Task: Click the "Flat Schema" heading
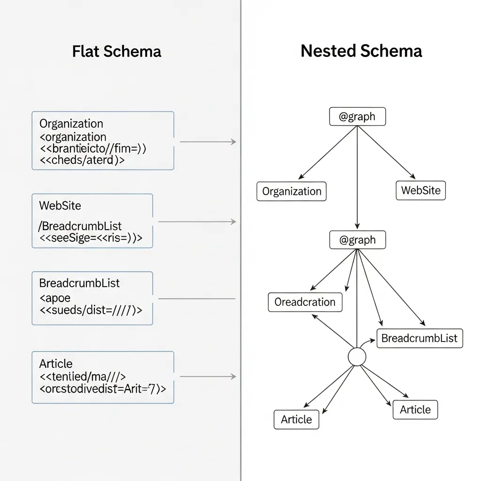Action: pyautogui.click(x=116, y=51)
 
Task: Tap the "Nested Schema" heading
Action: pyautogui.click(x=361, y=51)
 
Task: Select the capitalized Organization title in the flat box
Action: pyautogui.click(x=71, y=124)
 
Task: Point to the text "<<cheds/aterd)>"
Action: pyautogui.click(x=82, y=159)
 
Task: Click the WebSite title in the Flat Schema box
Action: pyautogui.click(x=60, y=205)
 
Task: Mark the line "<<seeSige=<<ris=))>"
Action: pyautogui.click(x=91, y=238)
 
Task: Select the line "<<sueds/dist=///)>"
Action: pyautogui.click(x=91, y=310)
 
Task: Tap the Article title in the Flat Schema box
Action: pyautogui.click(x=55, y=364)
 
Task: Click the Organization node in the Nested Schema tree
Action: pyautogui.click(x=291, y=192)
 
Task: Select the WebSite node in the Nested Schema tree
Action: pyautogui.click(x=420, y=191)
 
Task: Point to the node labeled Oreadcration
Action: pyautogui.click(x=305, y=302)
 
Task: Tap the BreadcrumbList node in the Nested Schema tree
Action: pyautogui.click(x=419, y=338)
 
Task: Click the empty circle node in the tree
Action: pyautogui.click(x=357, y=357)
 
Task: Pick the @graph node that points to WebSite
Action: pyautogui.click(x=357, y=116)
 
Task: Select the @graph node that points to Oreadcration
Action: pyautogui.click(x=357, y=240)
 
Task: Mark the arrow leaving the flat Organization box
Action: pyautogui.click(x=208, y=141)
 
